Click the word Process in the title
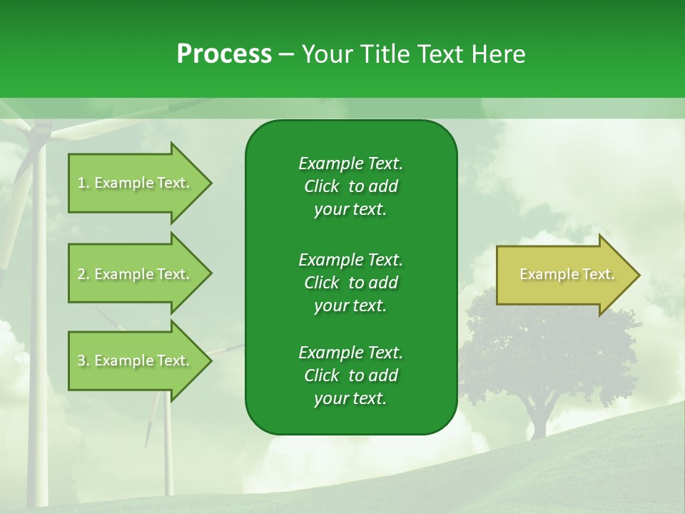pos(224,54)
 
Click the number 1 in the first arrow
pos(81,183)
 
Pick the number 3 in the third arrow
pos(81,361)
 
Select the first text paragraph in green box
pos(350,186)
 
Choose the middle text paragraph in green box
pos(350,282)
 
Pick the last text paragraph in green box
pos(350,376)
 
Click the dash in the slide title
pos(286,54)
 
